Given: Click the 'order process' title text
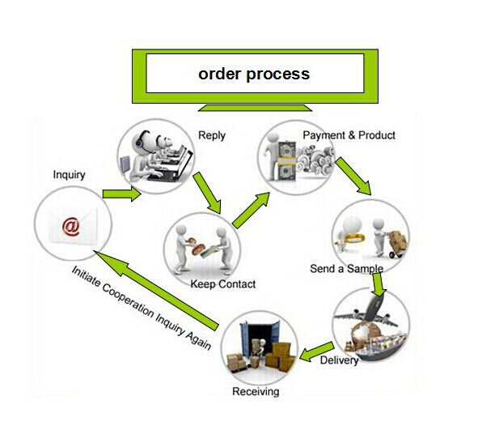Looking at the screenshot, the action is click(254, 75).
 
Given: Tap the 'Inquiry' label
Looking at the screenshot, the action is click(70, 175).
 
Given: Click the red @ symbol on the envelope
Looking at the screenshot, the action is click(71, 226).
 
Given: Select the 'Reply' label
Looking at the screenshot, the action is click(212, 135).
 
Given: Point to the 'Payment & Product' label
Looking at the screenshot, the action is click(349, 135).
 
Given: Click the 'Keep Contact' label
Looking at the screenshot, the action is click(223, 284).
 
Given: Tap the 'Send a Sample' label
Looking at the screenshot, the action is click(347, 269).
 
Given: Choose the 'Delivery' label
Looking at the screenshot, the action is click(340, 360).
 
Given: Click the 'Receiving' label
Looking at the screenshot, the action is click(256, 391).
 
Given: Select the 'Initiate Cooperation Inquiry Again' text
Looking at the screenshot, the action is click(142, 308).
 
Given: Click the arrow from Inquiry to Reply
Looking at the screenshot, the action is click(121, 194).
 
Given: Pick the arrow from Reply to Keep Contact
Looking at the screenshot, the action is click(207, 193).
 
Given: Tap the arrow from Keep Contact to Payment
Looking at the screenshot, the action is click(251, 211).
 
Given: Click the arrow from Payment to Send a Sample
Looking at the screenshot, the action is click(353, 176).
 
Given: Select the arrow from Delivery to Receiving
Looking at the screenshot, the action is click(317, 351).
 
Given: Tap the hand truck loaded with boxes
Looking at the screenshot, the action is click(396, 244).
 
